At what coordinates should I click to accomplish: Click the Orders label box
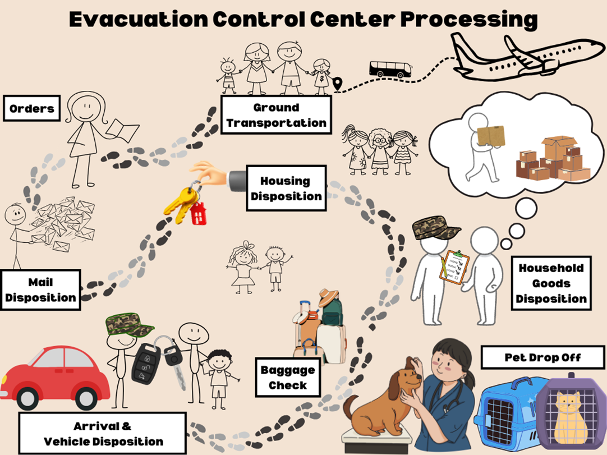pos(32,108)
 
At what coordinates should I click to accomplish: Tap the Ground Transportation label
pos(276,114)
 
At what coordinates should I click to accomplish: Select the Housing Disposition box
pos(286,188)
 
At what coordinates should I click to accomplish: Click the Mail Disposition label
pos(40,289)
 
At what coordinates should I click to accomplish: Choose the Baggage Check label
pos(287,378)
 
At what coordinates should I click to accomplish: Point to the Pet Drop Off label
pos(542,357)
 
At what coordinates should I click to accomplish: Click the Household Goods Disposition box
pos(551,283)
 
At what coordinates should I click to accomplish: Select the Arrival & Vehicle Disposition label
pos(103,434)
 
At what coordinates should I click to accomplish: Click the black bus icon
pos(390,69)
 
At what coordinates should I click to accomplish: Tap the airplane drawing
pos(525,56)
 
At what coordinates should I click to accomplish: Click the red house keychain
pos(198,214)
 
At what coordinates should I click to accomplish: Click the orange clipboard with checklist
pos(455,267)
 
